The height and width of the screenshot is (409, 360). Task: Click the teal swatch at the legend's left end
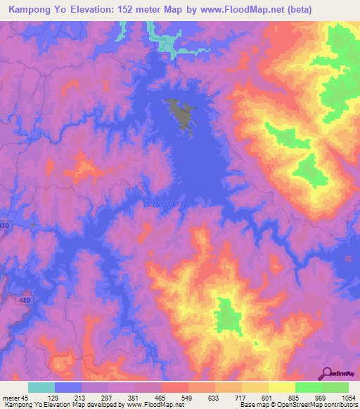(41, 387)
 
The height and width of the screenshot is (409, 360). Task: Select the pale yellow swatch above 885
(282, 387)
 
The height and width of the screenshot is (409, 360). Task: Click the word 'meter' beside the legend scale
(12, 398)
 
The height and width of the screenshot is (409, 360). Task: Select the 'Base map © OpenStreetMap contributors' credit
(298, 405)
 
